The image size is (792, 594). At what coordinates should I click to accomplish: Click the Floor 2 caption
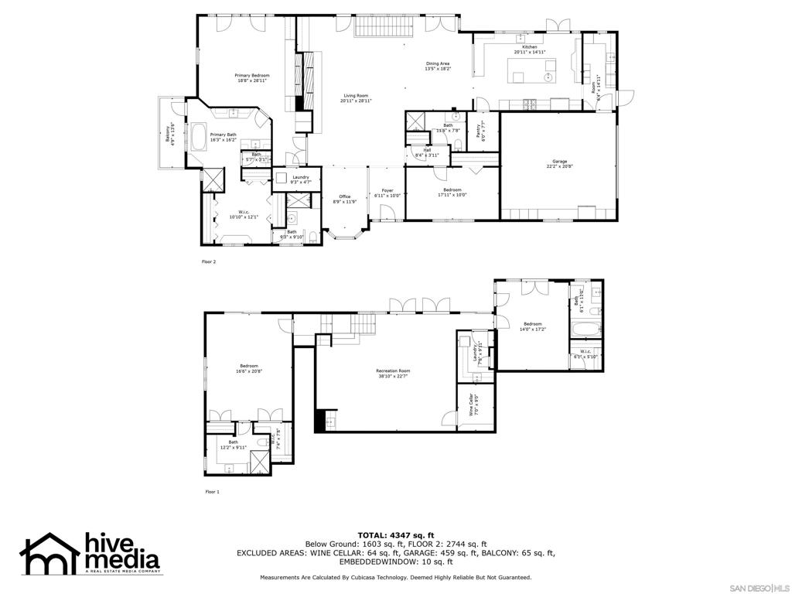click(x=209, y=261)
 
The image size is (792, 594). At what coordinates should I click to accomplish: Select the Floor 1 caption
click(x=212, y=491)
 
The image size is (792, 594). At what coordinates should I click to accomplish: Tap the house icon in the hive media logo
click(x=49, y=553)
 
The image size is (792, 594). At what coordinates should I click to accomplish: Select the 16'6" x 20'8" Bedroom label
click(x=248, y=368)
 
